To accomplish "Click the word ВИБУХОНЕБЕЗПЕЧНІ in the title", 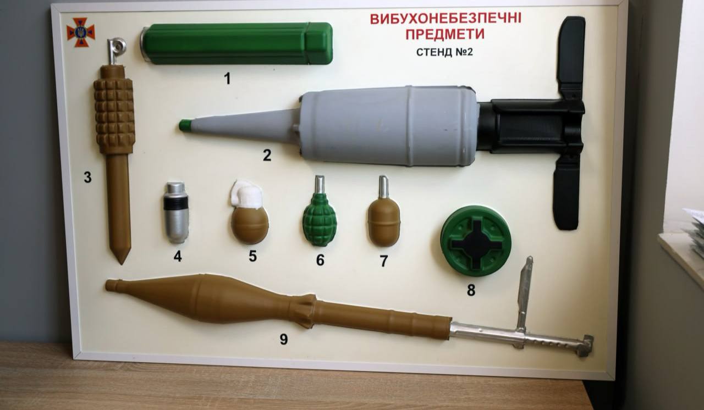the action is pyautogui.click(x=446, y=19).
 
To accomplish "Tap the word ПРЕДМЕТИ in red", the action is pyautogui.click(x=445, y=34).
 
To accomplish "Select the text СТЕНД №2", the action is pyautogui.click(x=445, y=52).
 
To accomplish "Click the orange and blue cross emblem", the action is pyautogui.click(x=81, y=32).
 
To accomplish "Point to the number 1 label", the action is pyautogui.click(x=227, y=78).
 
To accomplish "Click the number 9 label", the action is pyautogui.click(x=283, y=339).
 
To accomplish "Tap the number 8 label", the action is pyautogui.click(x=471, y=290).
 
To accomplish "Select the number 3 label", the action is pyautogui.click(x=87, y=177).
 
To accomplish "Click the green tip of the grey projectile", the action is pyautogui.click(x=185, y=125).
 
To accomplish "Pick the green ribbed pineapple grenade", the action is pyautogui.click(x=320, y=219).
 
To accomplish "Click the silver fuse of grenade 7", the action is pyautogui.click(x=383, y=187).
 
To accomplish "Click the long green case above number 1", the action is pyautogui.click(x=237, y=43).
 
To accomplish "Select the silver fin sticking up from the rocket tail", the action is pyautogui.click(x=524, y=293).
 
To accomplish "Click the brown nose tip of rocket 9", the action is pyautogui.click(x=110, y=285).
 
